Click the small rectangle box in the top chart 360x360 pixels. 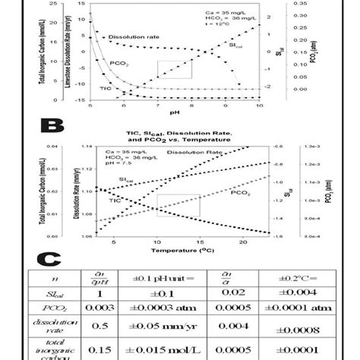coord(174,68)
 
